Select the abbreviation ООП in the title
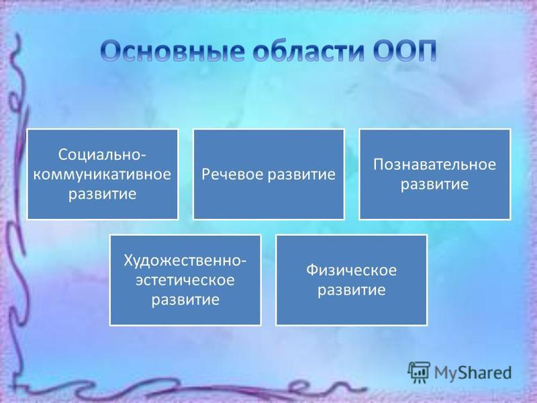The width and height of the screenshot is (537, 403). [405, 51]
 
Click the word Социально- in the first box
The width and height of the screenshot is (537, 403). [103, 154]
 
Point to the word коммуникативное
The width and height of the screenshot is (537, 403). [102, 175]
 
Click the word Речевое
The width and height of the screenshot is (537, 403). [232, 174]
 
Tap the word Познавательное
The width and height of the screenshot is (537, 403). [434, 165]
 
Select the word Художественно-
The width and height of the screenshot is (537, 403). [185, 261]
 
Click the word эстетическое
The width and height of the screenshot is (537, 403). [185, 280]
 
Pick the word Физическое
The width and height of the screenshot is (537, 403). [351, 271]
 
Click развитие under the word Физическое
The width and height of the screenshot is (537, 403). [351, 290]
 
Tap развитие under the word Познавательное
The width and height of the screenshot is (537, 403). [434, 184]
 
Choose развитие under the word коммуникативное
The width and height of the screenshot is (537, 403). [103, 194]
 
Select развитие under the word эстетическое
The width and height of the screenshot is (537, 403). [185, 300]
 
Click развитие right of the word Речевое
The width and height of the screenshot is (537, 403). [301, 175]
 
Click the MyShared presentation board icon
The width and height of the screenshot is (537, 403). [418, 372]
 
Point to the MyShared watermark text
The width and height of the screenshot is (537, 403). [473, 373]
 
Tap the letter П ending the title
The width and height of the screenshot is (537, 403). [427, 52]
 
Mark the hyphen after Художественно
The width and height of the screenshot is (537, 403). [244, 261]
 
